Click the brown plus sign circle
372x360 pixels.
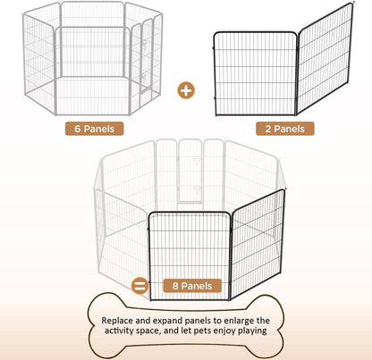pyautogui.click(x=186, y=89)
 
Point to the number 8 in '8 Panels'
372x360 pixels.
pyautogui.click(x=173, y=287)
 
